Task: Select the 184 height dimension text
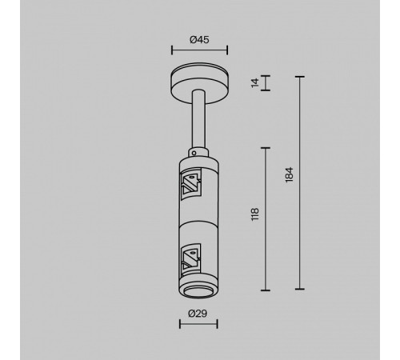point(290,174)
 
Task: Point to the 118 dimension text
point(255,214)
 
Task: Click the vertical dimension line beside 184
point(300,182)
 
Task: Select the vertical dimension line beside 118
point(266,218)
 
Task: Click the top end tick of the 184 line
point(300,77)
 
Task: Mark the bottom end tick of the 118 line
point(266,288)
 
